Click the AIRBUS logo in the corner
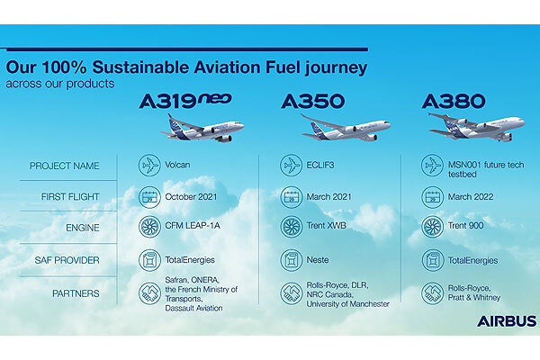pyautogui.click(x=507, y=321)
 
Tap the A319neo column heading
pyautogui.click(x=185, y=102)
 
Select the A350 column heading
pyautogui.click(x=312, y=102)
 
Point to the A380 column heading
pyautogui.click(x=454, y=102)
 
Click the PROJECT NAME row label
pyautogui.click(x=65, y=166)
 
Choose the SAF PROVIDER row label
pyautogui.click(x=67, y=260)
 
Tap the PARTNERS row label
pyautogui.click(x=76, y=293)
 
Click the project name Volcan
pyautogui.click(x=177, y=165)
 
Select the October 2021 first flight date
pyautogui.click(x=191, y=197)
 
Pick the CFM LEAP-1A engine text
pyautogui.click(x=193, y=226)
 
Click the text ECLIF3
pyautogui.click(x=320, y=165)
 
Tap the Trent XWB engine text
pyautogui.click(x=326, y=226)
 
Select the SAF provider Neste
pyautogui.click(x=318, y=260)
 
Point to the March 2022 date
pyautogui.click(x=471, y=197)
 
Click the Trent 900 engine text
pyautogui.click(x=465, y=226)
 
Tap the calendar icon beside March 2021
pyautogui.click(x=291, y=197)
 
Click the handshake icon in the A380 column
pyautogui.click(x=433, y=293)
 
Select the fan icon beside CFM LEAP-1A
pyautogui.click(x=149, y=227)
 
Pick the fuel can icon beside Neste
pyautogui.click(x=291, y=260)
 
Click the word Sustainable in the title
pyautogui.click(x=140, y=67)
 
